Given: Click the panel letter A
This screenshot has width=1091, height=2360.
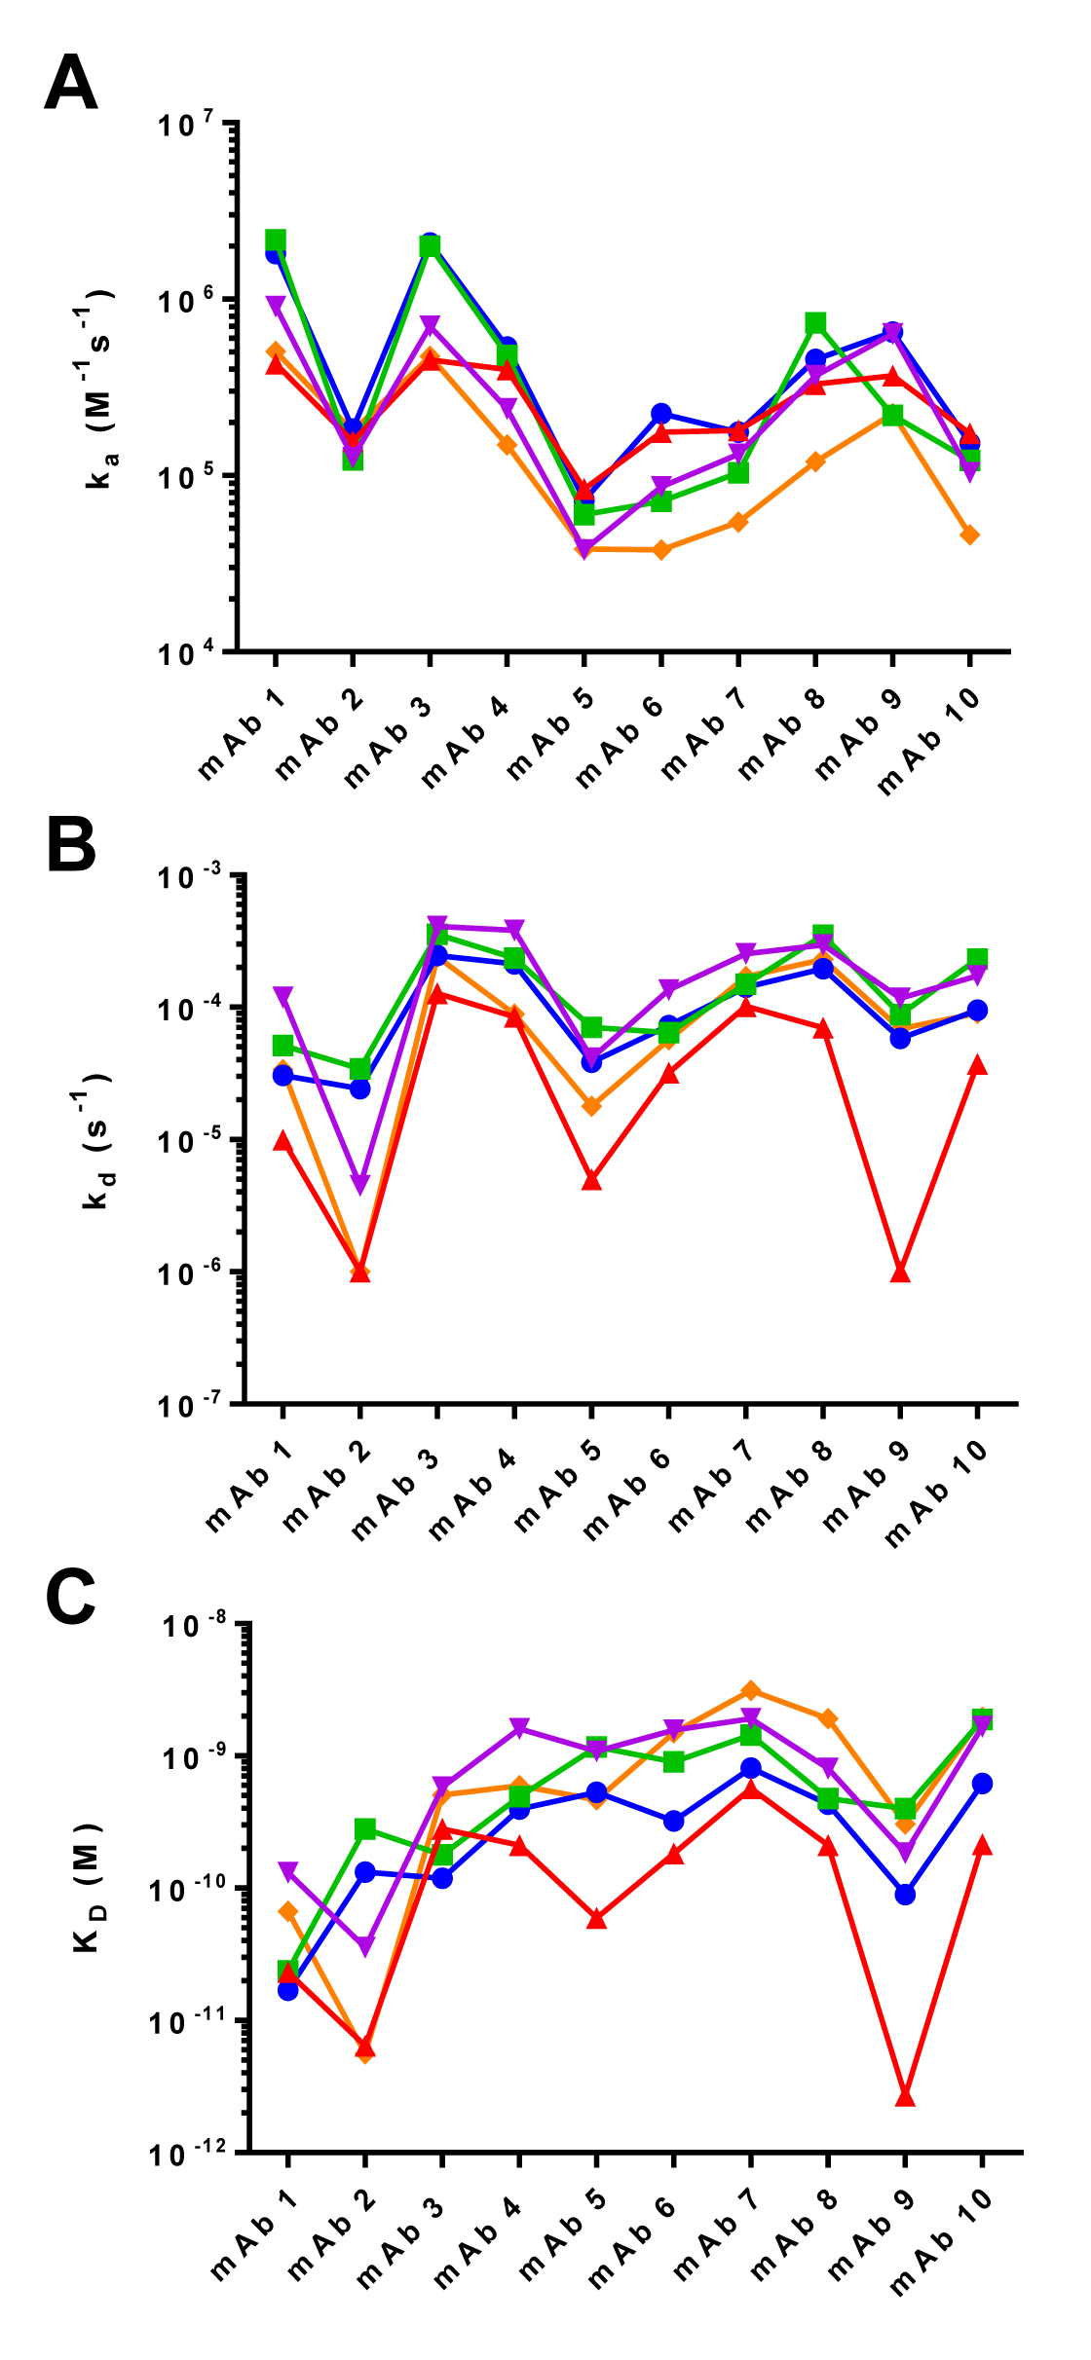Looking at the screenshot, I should (71, 83).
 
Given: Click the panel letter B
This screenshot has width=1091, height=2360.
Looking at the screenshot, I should (71, 844).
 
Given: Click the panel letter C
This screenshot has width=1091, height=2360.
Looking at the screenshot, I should (71, 1598).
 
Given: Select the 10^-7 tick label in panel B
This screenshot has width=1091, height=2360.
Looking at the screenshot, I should (189, 1405).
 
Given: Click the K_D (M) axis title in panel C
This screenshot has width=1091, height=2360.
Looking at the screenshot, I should (88, 1887).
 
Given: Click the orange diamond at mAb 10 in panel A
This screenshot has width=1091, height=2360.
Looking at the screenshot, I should (969, 535).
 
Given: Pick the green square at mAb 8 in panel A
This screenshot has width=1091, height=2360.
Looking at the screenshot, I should (815, 323).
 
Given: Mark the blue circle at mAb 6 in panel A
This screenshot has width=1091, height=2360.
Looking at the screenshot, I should (661, 414).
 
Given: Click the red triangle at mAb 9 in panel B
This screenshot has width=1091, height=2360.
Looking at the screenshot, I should (900, 1272).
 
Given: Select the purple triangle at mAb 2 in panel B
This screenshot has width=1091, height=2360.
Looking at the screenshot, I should (360, 1185).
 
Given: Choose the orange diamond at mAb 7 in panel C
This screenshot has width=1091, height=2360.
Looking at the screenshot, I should (750, 1690).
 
